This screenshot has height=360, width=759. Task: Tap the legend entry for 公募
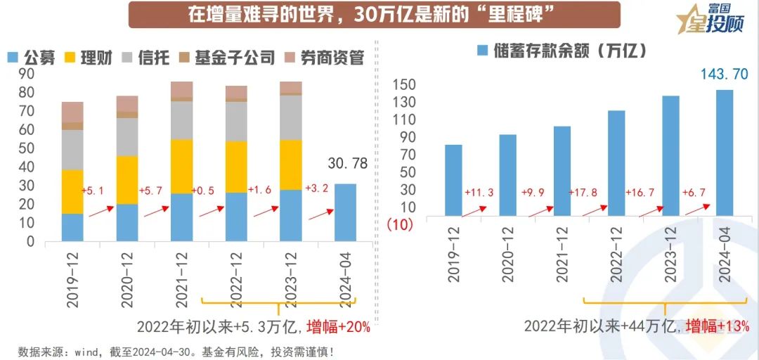[32, 58]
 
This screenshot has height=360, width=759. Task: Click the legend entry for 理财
[89, 58]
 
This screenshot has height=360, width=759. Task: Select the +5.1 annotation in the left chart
[93, 191]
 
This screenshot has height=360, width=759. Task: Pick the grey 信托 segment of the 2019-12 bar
[72, 149]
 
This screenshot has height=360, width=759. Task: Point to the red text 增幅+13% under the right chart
[718, 326]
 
